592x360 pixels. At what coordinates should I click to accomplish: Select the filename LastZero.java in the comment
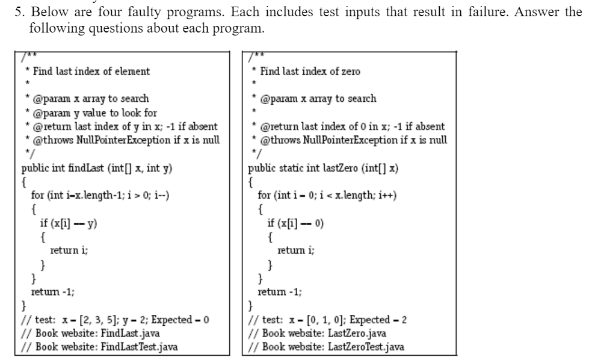(x=354, y=333)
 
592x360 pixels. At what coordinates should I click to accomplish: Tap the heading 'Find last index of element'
(x=91, y=71)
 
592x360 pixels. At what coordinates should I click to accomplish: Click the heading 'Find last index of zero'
(x=310, y=71)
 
